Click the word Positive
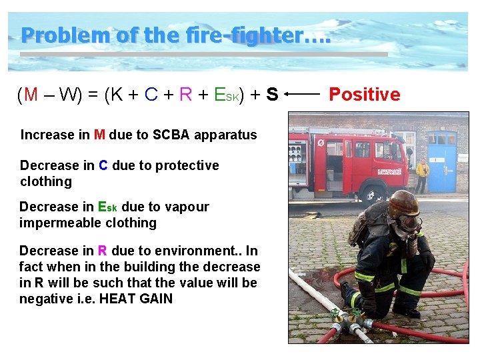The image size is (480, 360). tap(365, 95)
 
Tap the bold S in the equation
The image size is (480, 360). tap(271, 95)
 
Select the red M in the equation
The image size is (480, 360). tap(31, 95)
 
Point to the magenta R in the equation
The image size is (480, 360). tap(185, 95)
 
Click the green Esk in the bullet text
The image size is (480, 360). tap(107, 207)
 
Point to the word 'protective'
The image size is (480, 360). tap(186, 165)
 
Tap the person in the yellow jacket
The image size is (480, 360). tap(422, 175)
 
